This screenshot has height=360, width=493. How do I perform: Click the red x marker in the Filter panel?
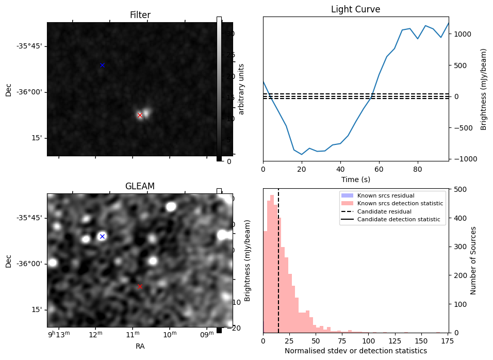[140, 115]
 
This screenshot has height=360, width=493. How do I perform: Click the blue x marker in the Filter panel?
[102, 65]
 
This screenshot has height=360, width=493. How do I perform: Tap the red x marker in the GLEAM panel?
[140, 286]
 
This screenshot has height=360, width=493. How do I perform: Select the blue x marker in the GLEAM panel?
[102, 236]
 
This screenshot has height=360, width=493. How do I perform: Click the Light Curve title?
[355, 10]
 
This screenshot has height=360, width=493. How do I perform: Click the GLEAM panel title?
[140, 186]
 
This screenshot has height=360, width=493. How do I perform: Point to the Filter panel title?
[140, 15]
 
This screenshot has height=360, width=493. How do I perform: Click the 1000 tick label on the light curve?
[463, 34]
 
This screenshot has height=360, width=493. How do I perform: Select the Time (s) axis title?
[355, 179]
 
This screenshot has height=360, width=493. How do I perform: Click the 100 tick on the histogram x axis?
[369, 341]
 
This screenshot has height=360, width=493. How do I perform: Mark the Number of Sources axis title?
[474, 260]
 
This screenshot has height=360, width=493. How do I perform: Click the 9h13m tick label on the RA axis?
[57, 336]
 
